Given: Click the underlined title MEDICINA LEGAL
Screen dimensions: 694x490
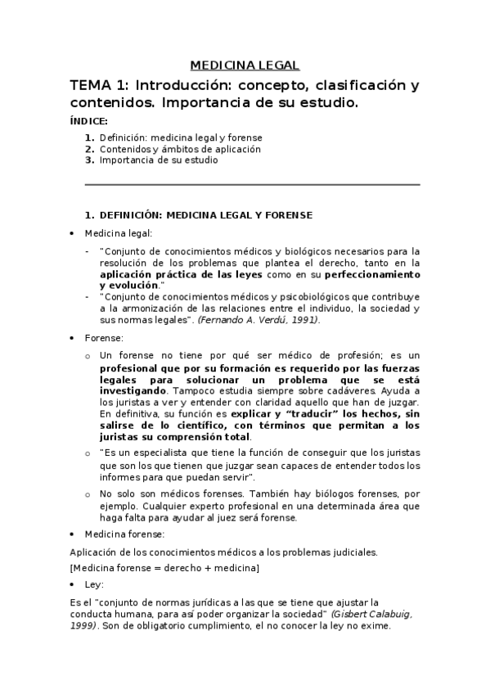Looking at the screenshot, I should coord(245,65).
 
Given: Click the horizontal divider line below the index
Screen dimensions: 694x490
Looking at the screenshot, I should coord(253,185).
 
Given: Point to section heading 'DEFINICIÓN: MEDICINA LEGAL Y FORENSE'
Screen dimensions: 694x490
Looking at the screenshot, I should coord(205,216).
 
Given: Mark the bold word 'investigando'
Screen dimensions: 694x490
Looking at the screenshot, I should coord(129,391).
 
